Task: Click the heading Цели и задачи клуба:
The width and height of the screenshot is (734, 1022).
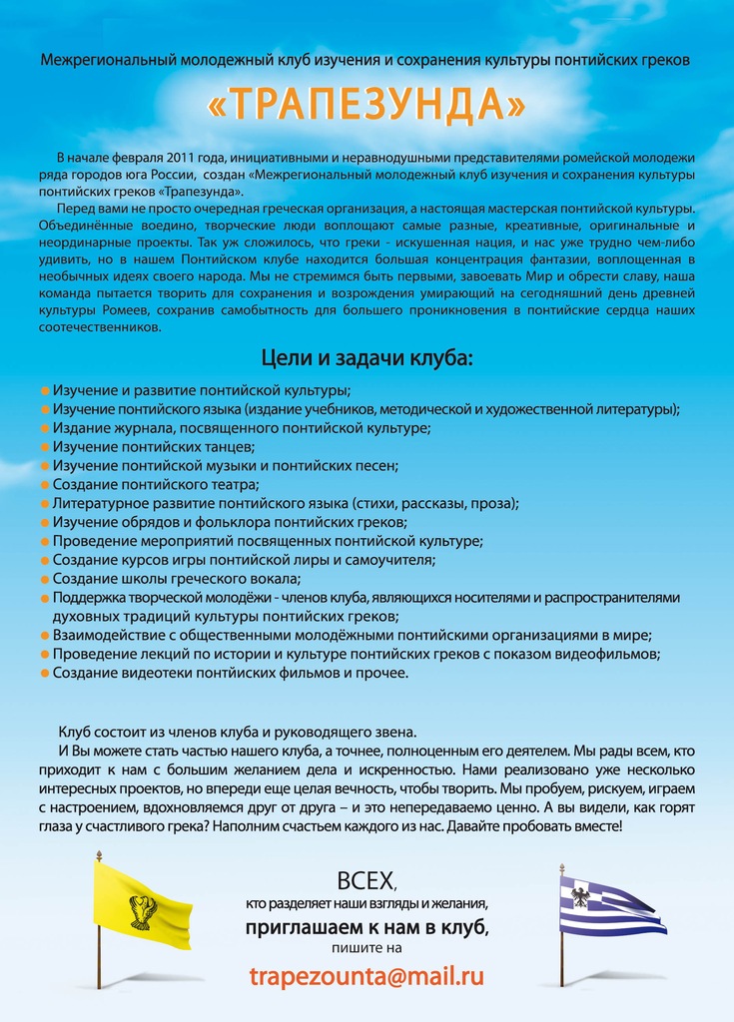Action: click(x=367, y=357)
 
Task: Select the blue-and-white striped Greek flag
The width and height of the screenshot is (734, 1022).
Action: click(x=609, y=906)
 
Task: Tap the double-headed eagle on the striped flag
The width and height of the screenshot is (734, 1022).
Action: click(x=580, y=896)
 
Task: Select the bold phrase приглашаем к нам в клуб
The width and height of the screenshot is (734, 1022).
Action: click(x=367, y=927)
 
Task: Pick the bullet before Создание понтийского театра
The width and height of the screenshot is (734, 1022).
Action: click(x=45, y=485)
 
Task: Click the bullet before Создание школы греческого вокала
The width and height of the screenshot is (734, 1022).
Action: click(x=45, y=579)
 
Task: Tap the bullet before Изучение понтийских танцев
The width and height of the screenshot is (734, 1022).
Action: click(x=45, y=447)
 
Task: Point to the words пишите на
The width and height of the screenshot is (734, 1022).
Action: click(x=367, y=948)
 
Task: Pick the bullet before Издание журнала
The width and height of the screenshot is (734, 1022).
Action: click(x=45, y=428)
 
